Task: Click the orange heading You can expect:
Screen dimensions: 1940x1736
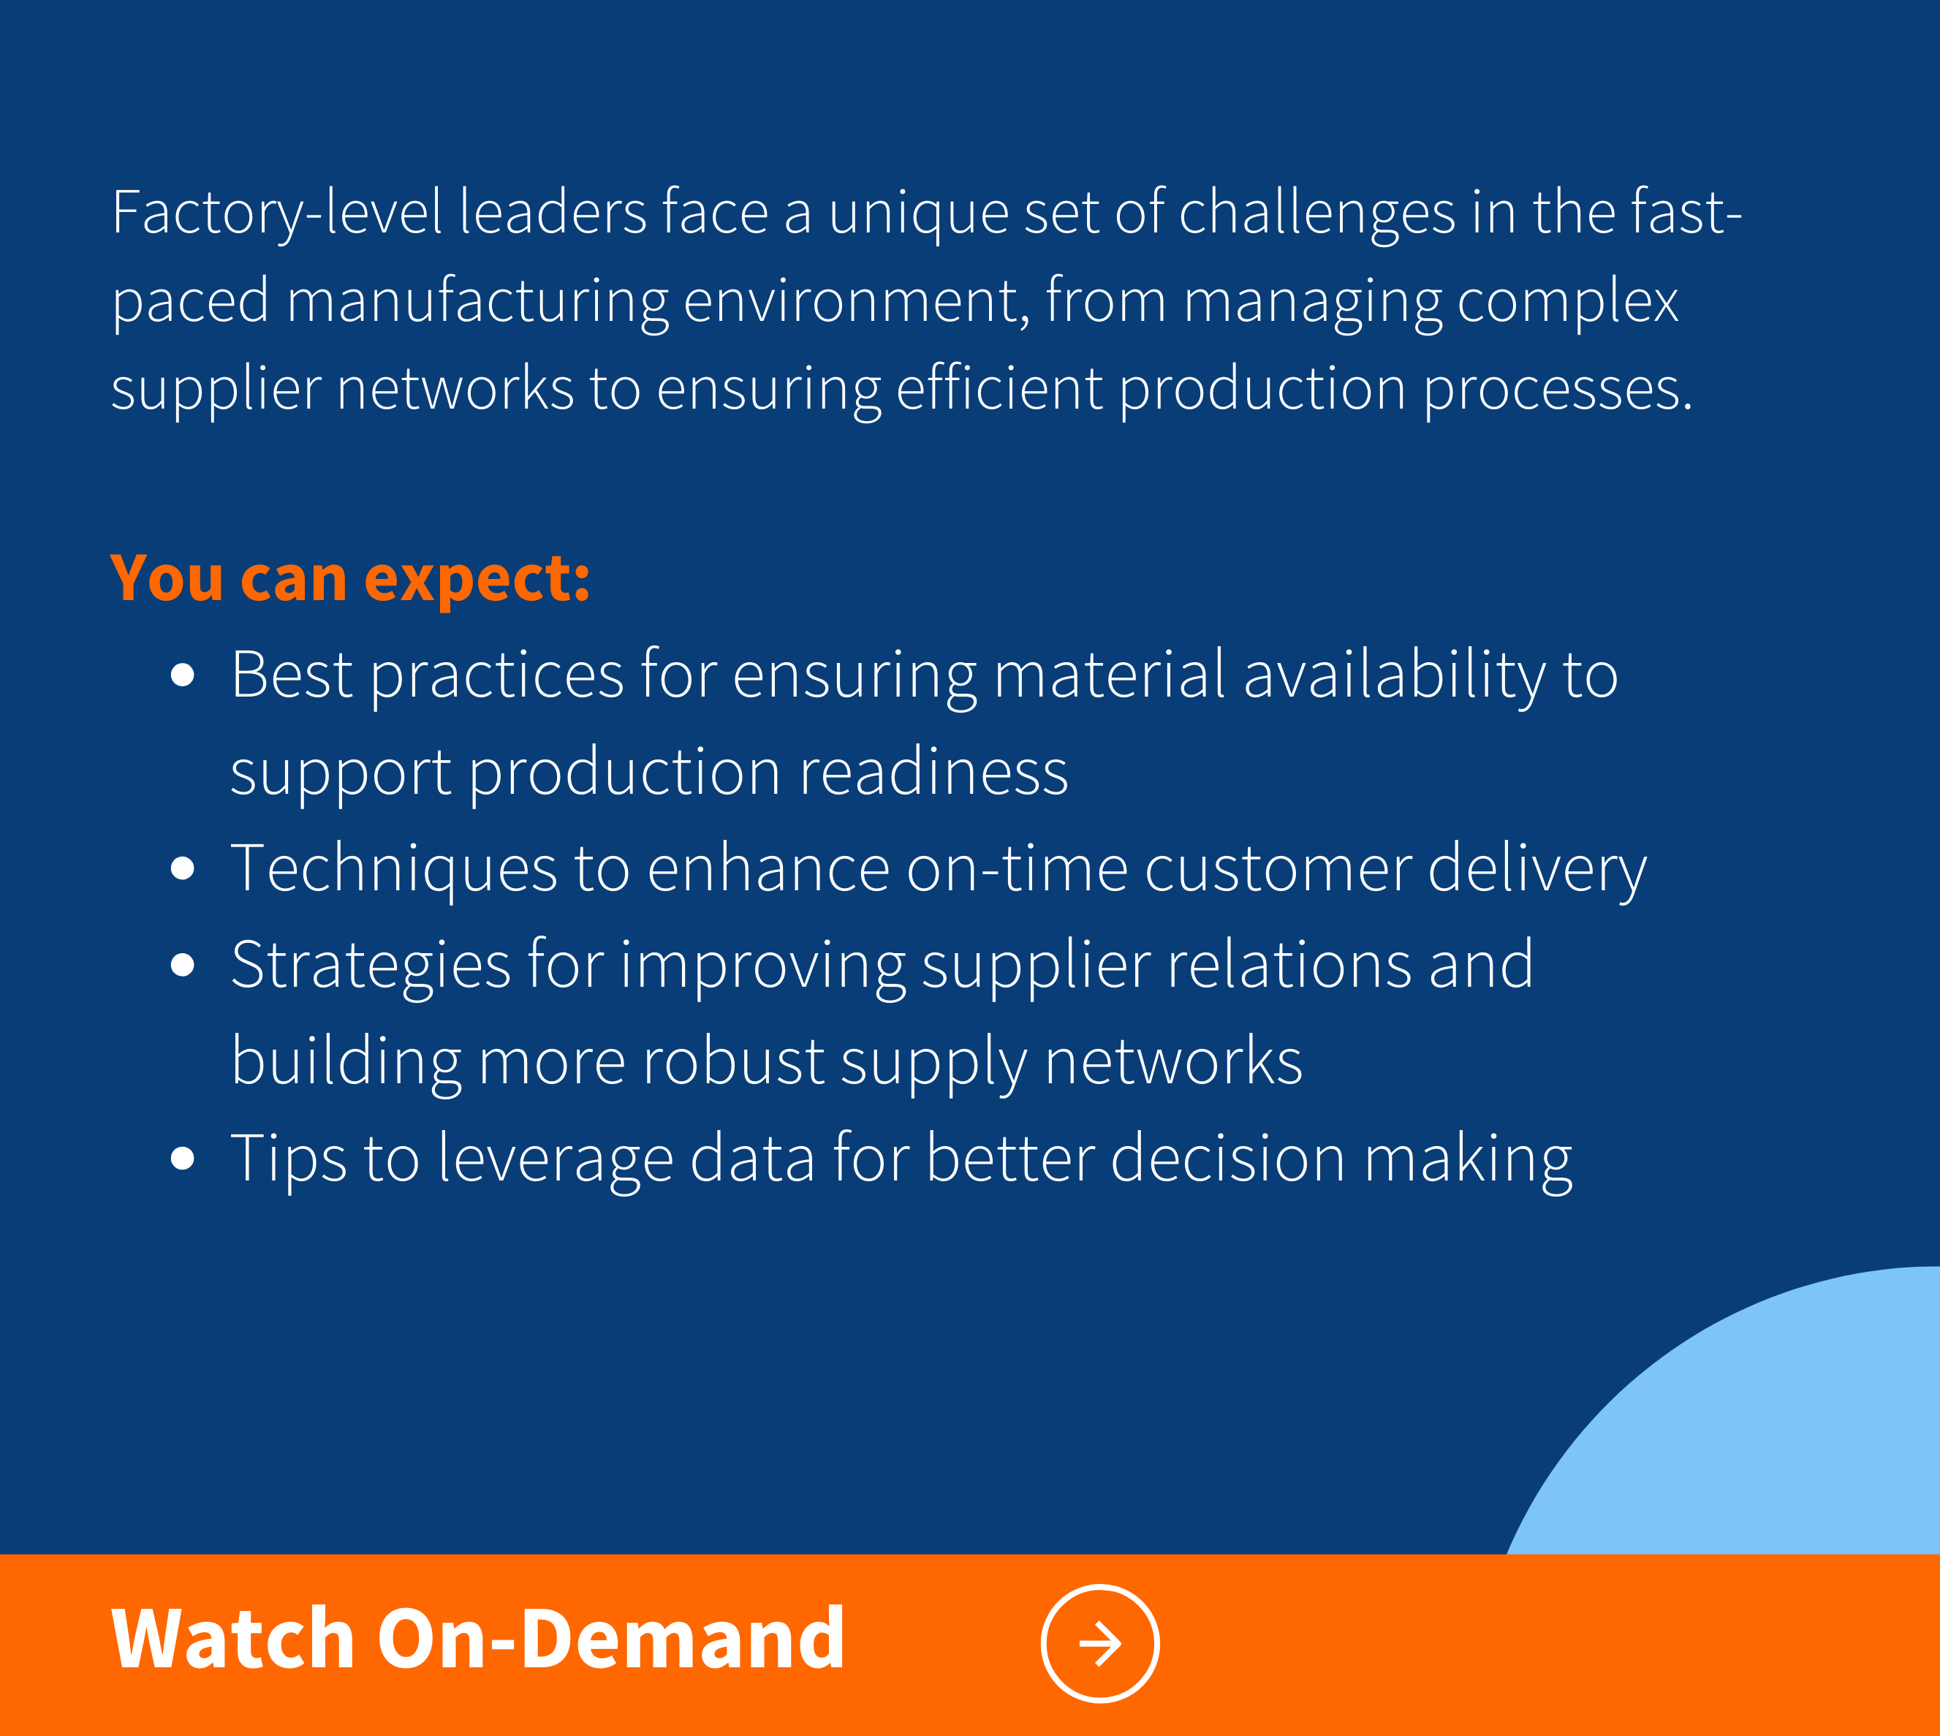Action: [350, 579]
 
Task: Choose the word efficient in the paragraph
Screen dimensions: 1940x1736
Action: [999, 388]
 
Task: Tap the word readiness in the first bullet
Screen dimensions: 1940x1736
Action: [933, 772]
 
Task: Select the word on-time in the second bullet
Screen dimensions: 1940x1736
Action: [1017, 869]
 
